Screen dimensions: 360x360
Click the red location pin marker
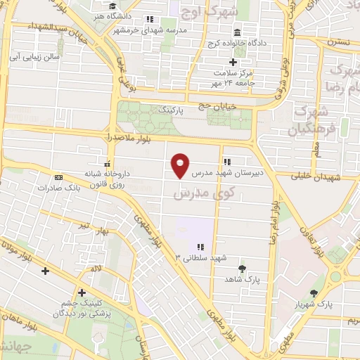[181, 166]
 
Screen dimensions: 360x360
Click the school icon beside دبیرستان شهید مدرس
[226, 160]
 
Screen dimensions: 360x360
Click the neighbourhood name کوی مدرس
[192, 191]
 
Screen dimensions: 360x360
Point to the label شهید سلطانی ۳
[201, 257]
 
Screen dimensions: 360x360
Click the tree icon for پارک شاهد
[242, 269]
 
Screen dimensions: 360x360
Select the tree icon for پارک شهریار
[314, 293]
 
